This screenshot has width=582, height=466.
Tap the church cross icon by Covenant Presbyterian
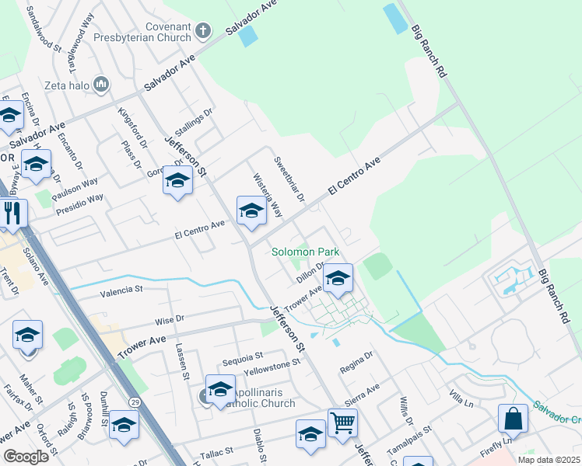202,31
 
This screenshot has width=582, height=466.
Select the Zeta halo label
66,84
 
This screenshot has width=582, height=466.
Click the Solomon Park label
305,252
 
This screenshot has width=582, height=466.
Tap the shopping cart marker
342,424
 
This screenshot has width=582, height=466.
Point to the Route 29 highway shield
135,402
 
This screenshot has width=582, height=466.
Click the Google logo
26,457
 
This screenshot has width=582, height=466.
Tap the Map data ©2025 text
549,460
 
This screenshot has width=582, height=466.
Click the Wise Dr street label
169,318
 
